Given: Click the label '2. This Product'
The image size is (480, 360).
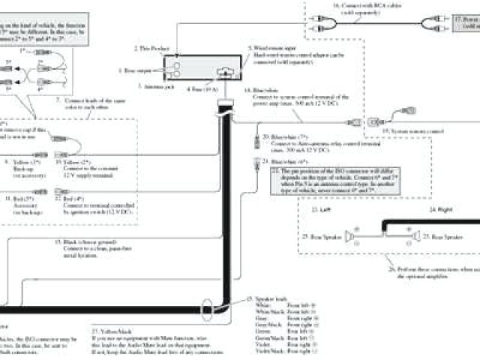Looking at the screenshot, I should tap(153, 47).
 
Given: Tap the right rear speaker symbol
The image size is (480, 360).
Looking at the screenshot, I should tap(414, 237).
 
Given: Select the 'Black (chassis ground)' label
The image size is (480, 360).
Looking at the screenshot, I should tap(82, 242).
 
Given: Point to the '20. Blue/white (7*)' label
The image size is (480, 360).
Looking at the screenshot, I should tap(280, 137).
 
